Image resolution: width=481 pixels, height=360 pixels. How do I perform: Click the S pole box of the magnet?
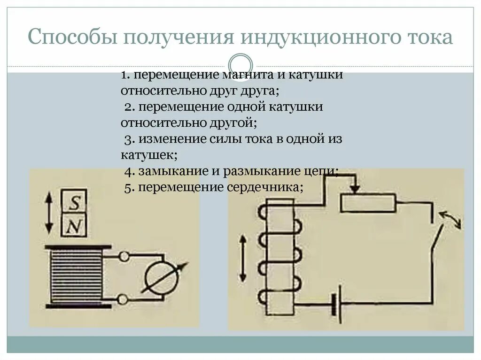tap(74, 202)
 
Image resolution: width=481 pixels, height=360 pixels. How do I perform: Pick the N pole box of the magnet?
tap(74, 227)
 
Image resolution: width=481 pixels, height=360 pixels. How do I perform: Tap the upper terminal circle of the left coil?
tap(124, 257)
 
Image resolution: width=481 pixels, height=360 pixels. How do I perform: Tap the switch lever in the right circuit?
tap(436, 239)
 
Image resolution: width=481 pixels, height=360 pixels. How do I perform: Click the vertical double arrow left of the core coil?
tap(243, 258)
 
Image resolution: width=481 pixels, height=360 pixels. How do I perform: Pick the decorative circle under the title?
tap(240, 64)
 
